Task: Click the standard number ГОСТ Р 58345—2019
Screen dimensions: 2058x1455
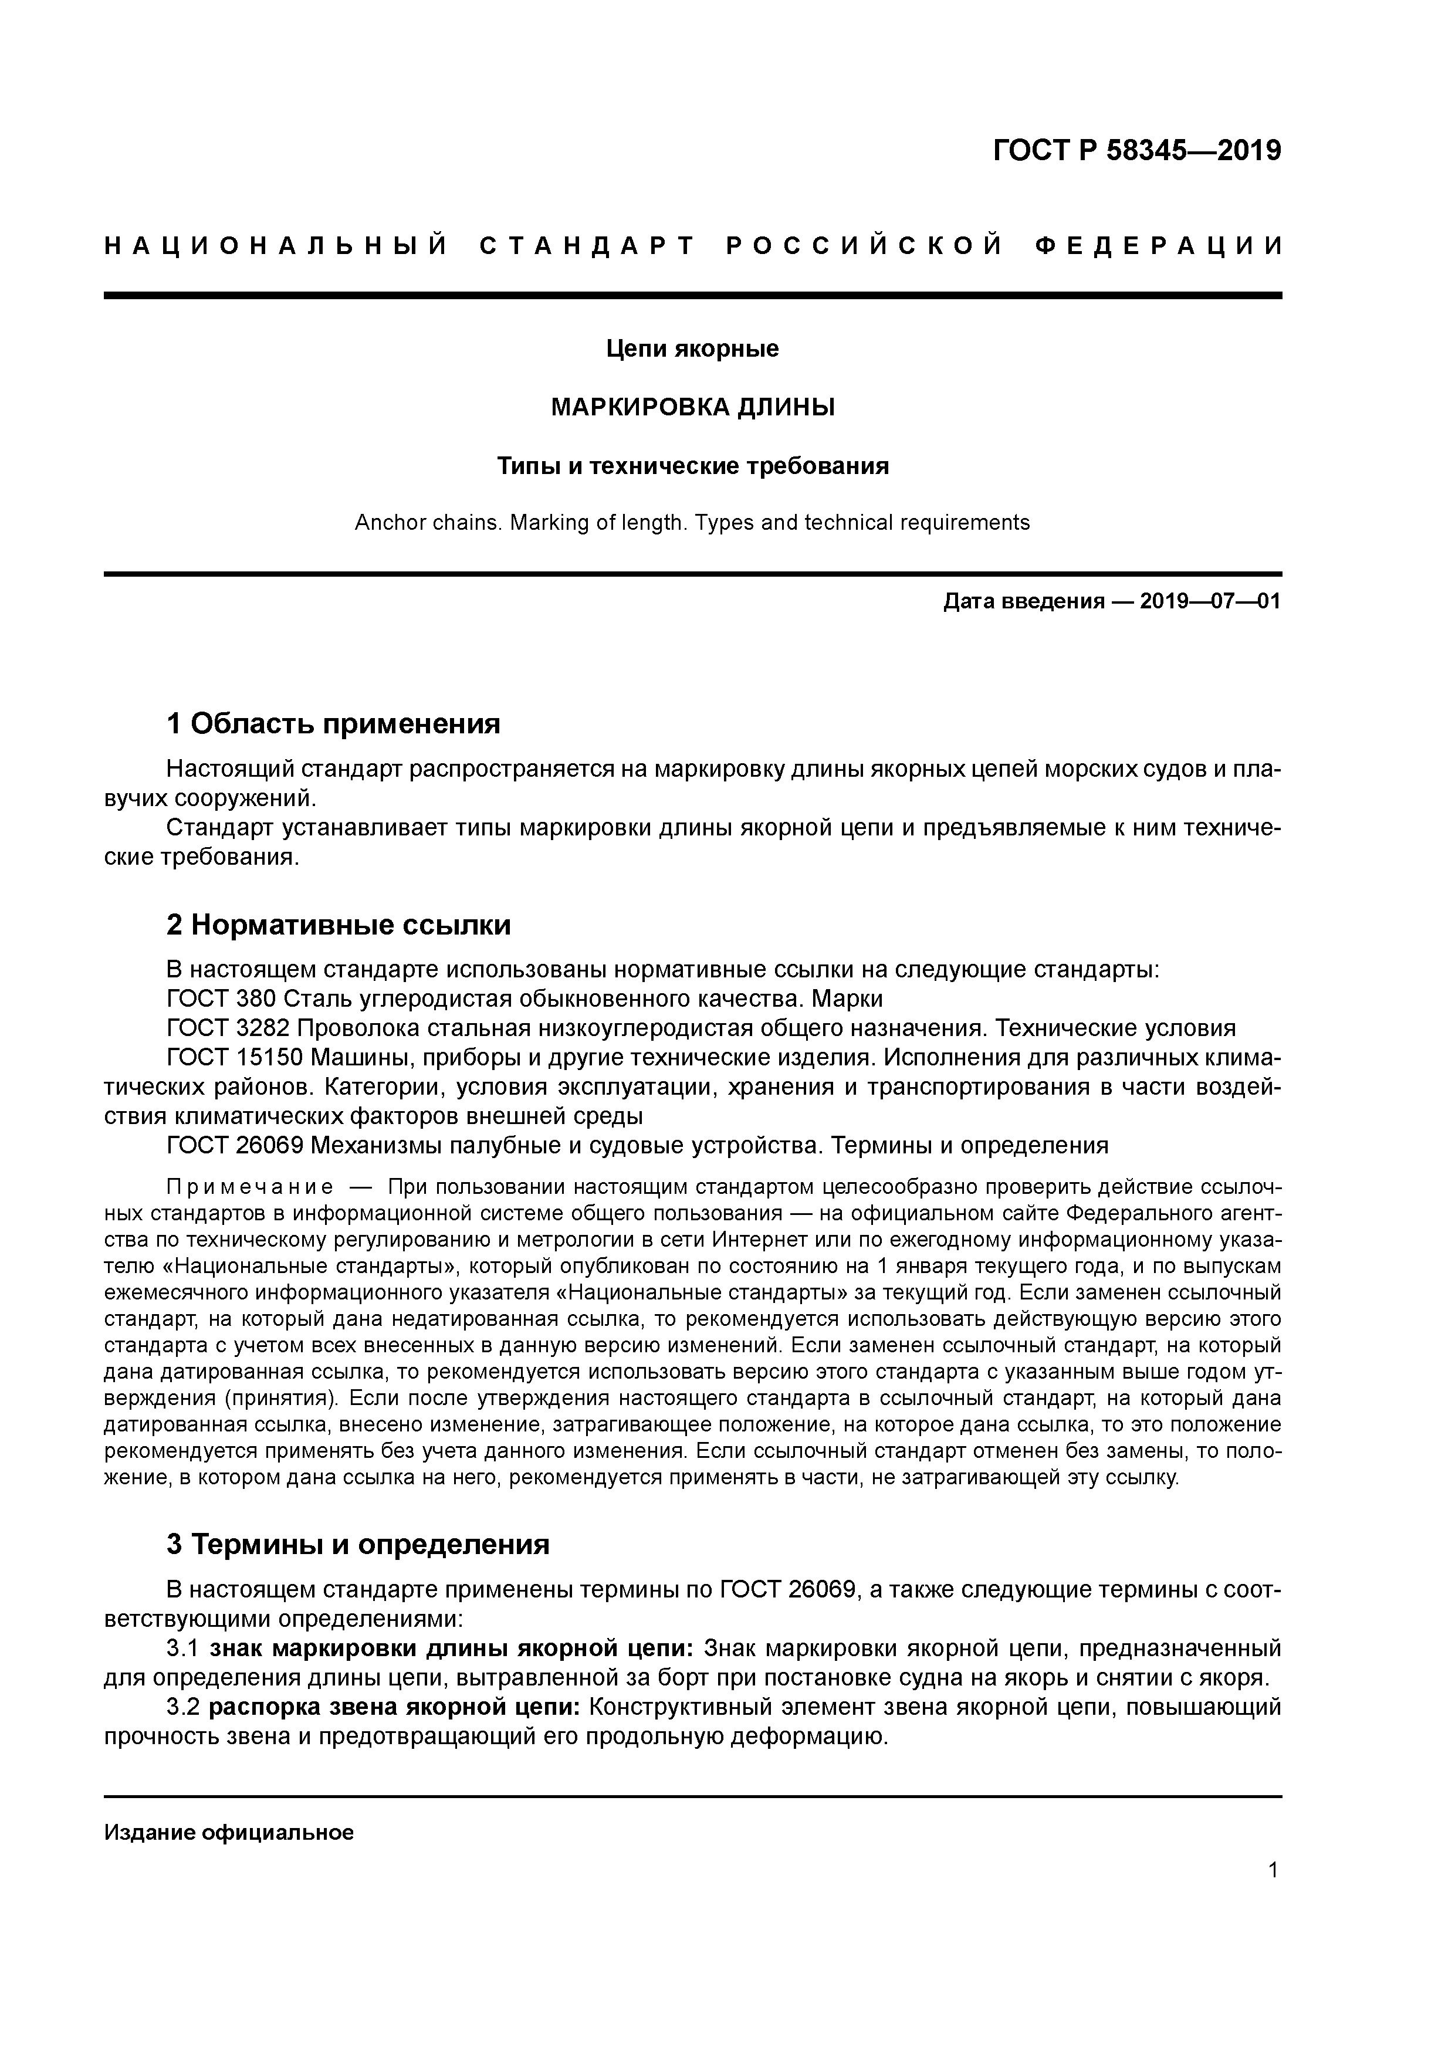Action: pyautogui.click(x=1137, y=151)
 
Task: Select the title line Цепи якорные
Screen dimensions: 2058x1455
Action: pyautogui.click(x=692, y=348)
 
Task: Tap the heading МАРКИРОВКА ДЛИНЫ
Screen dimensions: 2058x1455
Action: pyautogui.click(x=692, y=408)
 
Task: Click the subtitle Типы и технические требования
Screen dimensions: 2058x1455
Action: pyautogui.click(x=693, y=466)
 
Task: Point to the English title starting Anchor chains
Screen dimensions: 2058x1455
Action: pyautogui.click(x=692, y=523)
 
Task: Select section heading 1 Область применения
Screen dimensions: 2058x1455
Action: pyautogui.click(x=333, y=723)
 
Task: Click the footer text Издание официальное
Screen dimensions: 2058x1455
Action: pyautogui.click(x=229, y=1834)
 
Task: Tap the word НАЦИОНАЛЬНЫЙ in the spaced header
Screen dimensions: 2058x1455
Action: pyautogui.click(x=276, y=246)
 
